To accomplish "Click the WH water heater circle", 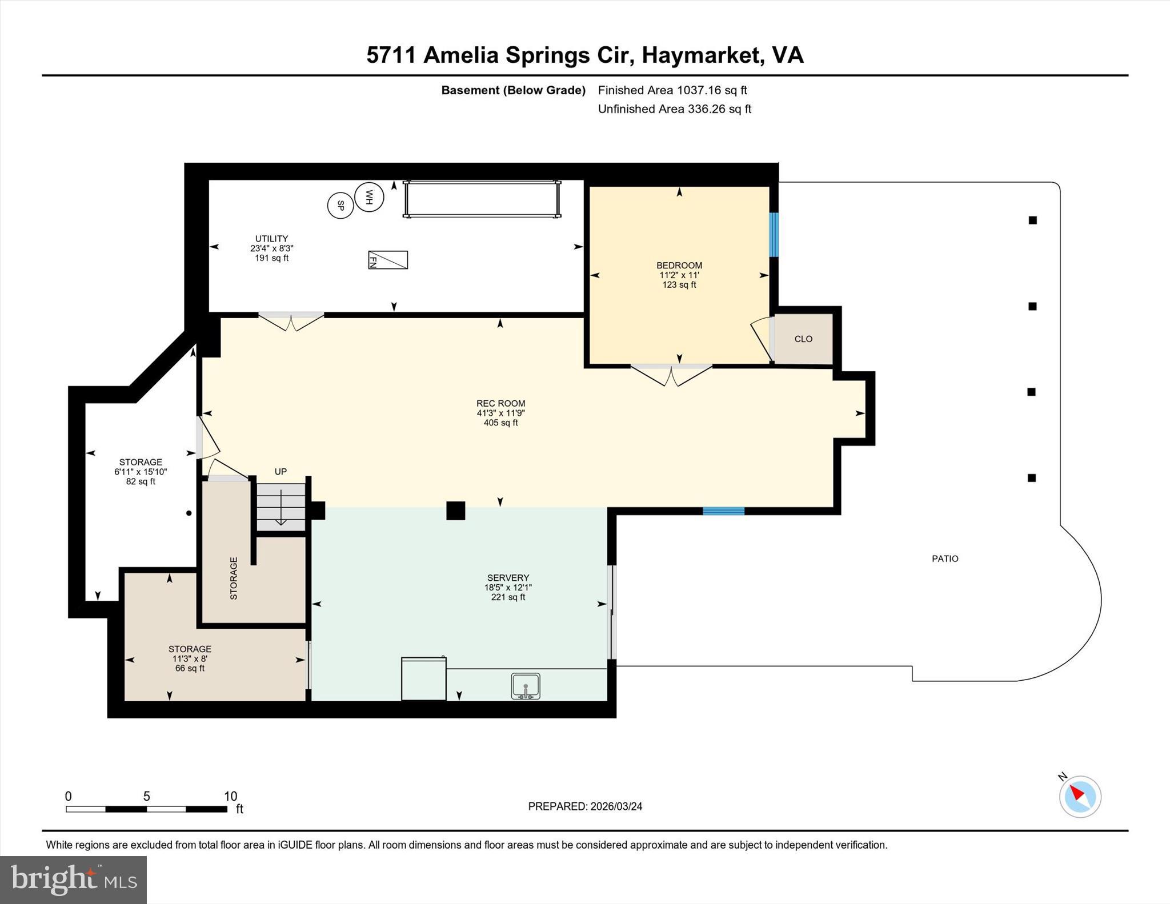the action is pos(369,197).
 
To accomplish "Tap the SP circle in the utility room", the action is pos(340,206).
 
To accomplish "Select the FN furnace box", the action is pos(388,260).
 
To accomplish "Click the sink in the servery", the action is pos(526,686).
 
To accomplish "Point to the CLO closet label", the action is pos(803,339).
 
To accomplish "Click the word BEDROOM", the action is pos(679,265).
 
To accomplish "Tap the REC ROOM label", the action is pos(501,403).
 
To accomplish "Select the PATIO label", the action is pos(945,559).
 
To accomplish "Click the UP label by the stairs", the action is pos(281,472).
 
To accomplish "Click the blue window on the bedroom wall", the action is pos(774,235).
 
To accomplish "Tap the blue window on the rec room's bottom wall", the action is pos(723,511).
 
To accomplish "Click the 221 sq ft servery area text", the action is pos(508,597).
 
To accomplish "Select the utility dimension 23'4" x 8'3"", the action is pos(271,248).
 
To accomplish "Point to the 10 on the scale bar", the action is pos(230,796).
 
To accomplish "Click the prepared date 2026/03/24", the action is pos(616,806).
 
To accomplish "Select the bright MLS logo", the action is pos(74,879).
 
